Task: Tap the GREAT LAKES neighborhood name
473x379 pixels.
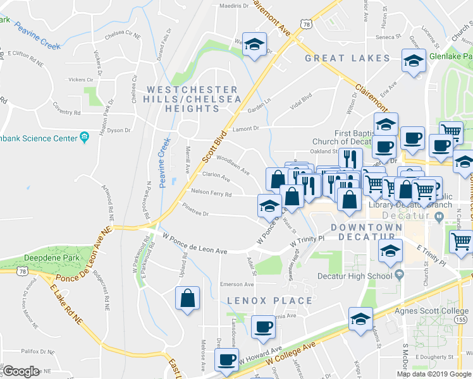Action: click(348, 58)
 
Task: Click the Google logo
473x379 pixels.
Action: click(21, 371)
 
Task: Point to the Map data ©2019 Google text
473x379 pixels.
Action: click(434, 374)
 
